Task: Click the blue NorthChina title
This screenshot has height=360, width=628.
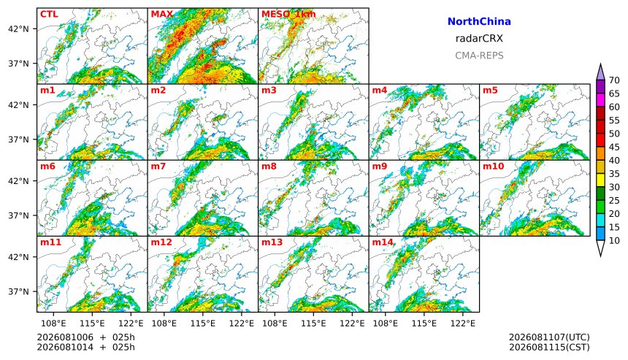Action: [x=479, y=22]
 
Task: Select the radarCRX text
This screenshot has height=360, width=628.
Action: [x=479, y=39]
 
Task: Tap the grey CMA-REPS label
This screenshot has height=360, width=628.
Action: [x=479, y=55]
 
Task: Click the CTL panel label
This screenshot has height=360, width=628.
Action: [x=49, y=15]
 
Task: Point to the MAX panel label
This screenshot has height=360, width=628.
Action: [x=162, y=15]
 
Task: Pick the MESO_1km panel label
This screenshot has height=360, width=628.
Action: [x=288, y=15]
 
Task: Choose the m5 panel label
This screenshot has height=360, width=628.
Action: [x=490, y=90]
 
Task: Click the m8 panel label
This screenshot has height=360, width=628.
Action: [x=269, y=166]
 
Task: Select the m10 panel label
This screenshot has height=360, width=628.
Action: [x=493, y=166]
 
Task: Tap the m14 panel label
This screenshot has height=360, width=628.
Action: [x=383, y=242]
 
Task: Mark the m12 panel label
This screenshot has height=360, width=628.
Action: [x=161, y=242]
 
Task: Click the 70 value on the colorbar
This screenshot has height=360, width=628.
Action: [x=614, y=80]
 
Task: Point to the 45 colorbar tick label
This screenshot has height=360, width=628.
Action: [x=614, y=148]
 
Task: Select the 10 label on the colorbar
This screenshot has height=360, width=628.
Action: [x=614, y=241]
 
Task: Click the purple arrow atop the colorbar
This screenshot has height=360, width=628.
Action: [x=600, y=72]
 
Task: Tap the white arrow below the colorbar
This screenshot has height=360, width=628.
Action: [x=600, y=248]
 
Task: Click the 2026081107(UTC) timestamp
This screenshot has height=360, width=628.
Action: [x=549, y=337]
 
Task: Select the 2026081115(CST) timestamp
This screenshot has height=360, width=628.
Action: [x=549, y=347]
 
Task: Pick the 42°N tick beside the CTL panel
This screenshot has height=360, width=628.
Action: [x=18, y=28]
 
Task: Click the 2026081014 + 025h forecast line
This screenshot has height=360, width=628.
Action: [x=85, y=347]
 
